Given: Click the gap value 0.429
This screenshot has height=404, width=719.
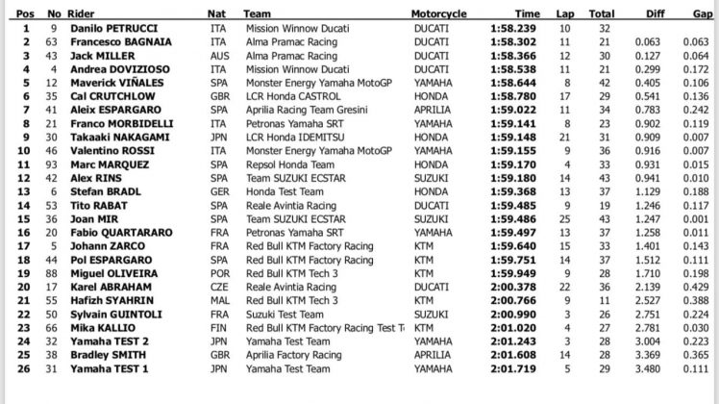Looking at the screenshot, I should point(700,286).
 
